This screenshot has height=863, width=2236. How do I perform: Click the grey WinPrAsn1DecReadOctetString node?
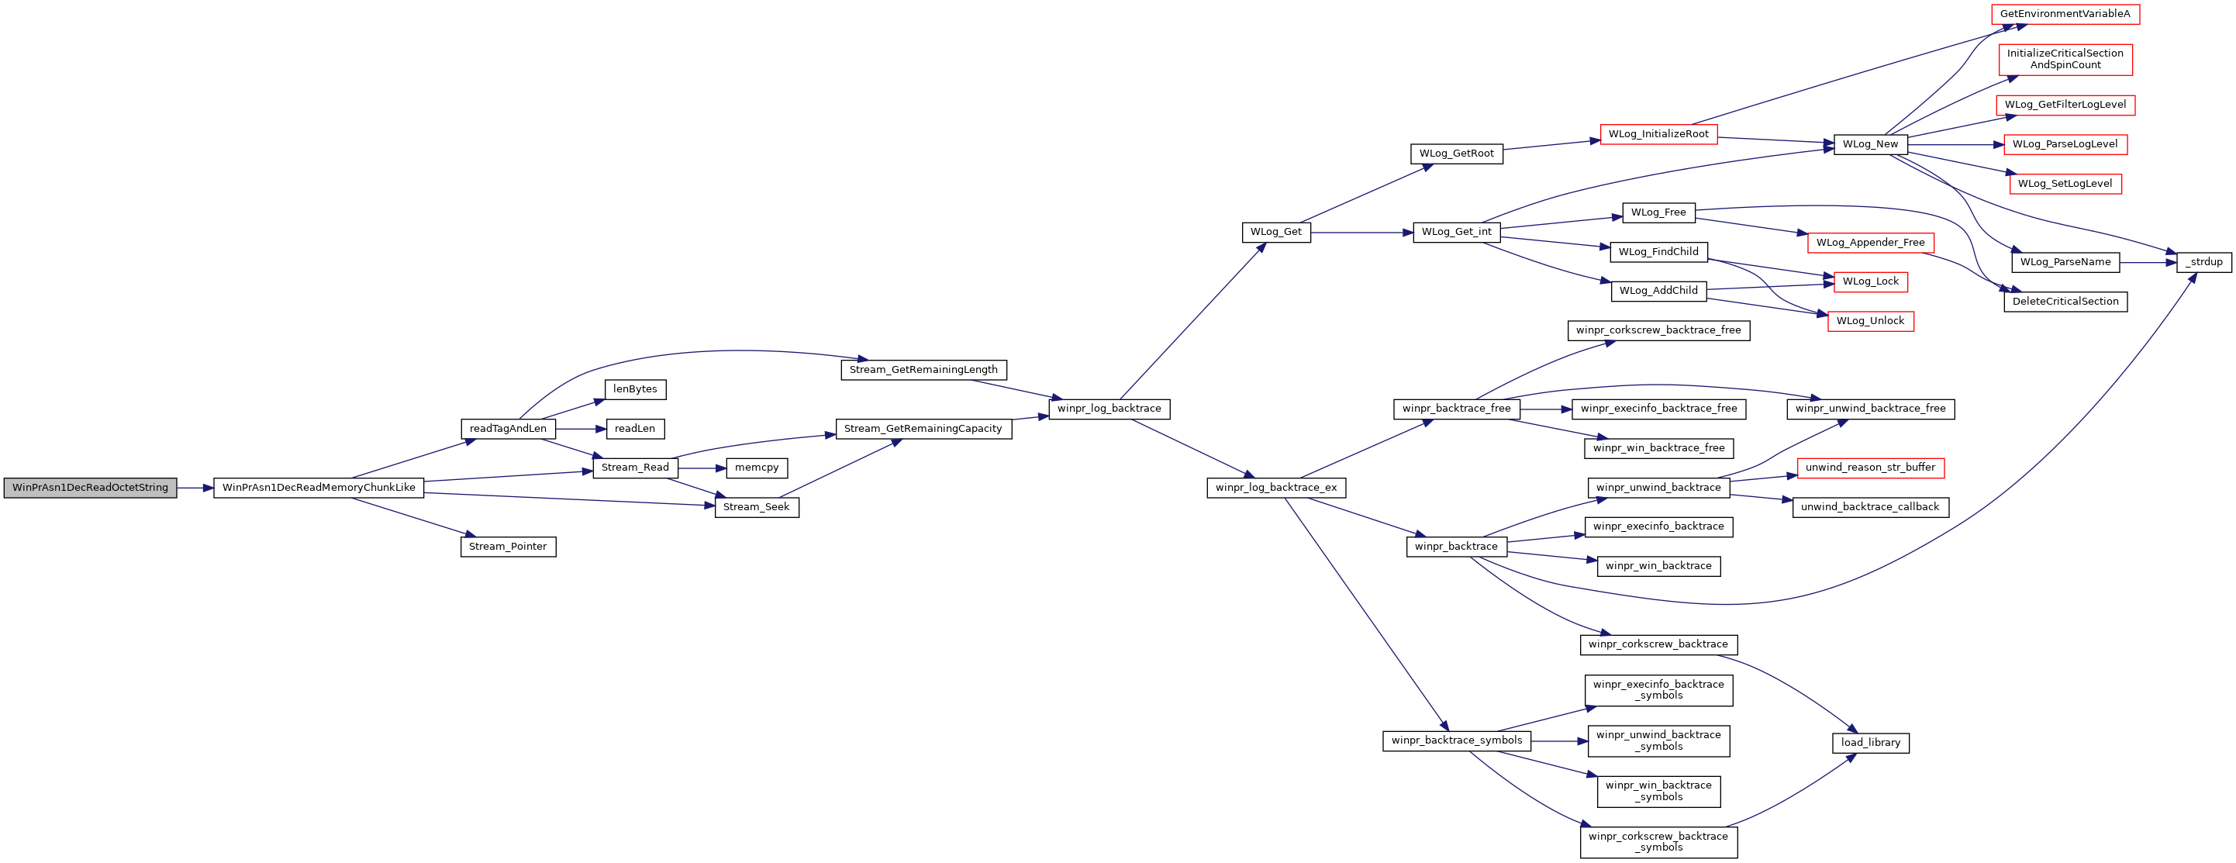[90, 488]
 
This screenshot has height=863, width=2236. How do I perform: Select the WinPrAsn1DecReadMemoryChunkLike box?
[319, 488]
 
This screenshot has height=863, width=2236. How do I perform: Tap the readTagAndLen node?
[508, 429]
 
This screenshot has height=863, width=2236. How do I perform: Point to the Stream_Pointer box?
[508, 547]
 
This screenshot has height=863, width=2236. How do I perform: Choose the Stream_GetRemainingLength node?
[923, 370]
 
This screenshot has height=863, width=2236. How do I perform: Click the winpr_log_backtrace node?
[1109, 409]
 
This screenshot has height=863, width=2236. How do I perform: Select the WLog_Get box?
[1276, 232]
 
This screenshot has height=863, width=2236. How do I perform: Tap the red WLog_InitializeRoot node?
[1658, 133]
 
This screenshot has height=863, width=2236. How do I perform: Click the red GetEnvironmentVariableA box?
[2065, 14]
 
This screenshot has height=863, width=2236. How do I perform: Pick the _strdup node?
[2204, 262]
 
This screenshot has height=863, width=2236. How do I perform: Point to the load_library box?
[1871, 743]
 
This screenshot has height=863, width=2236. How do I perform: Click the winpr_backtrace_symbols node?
[1457, 740]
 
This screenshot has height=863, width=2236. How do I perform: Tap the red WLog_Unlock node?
[1871, 321]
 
